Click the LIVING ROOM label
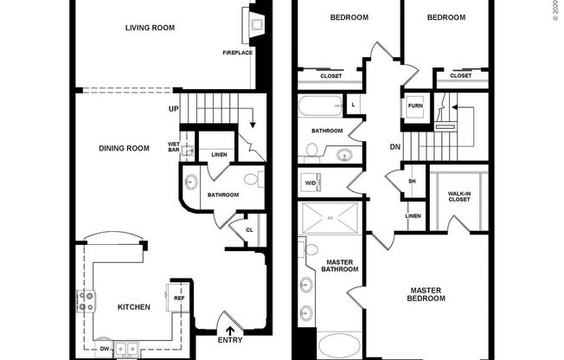[x=150, y=28]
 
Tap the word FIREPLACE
[x=236, y=54]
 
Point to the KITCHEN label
[x=134, y=306]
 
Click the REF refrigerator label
[x=179, y=298]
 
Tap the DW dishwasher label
[x=105, y=348]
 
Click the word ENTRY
[x=230, y=341]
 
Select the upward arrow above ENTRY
[x=230, y=328]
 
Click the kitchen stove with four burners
[x=87, y=301]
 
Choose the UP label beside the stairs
[x=174, y=109]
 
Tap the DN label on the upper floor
[x=394, y=146]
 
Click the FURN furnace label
[x=414, y=106]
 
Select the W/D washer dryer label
[x=310, y=183]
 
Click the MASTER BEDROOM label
[x=427, y=294]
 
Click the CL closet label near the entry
[x=248, y=230]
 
